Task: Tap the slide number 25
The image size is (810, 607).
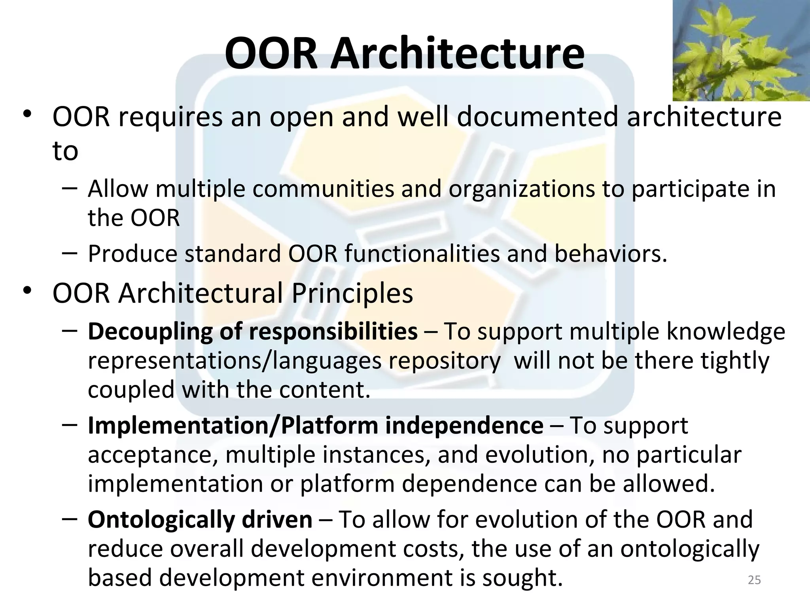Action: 754,580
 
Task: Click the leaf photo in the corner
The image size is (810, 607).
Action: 741,51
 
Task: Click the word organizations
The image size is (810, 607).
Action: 522,189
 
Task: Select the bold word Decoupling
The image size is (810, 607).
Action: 150,332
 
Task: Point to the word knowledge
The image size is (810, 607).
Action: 726,332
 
